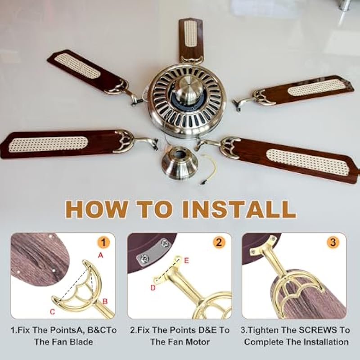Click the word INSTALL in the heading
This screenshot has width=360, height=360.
pos(239,209)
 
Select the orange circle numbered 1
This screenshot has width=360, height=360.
pos(103,243)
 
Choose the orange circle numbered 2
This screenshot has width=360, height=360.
pos(219,243)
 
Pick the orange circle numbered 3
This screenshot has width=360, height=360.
pos(333,243)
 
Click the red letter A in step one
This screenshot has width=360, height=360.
pos(100,255)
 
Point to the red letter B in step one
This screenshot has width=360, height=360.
pos(105,301)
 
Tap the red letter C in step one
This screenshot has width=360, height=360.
pos(52,311)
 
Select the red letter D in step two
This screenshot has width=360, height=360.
pos(153,288)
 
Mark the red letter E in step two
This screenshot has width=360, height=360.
pos(186,261)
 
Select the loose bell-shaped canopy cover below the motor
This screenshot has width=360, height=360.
pos(180,163)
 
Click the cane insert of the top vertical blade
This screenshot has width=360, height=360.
pos(191,34)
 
